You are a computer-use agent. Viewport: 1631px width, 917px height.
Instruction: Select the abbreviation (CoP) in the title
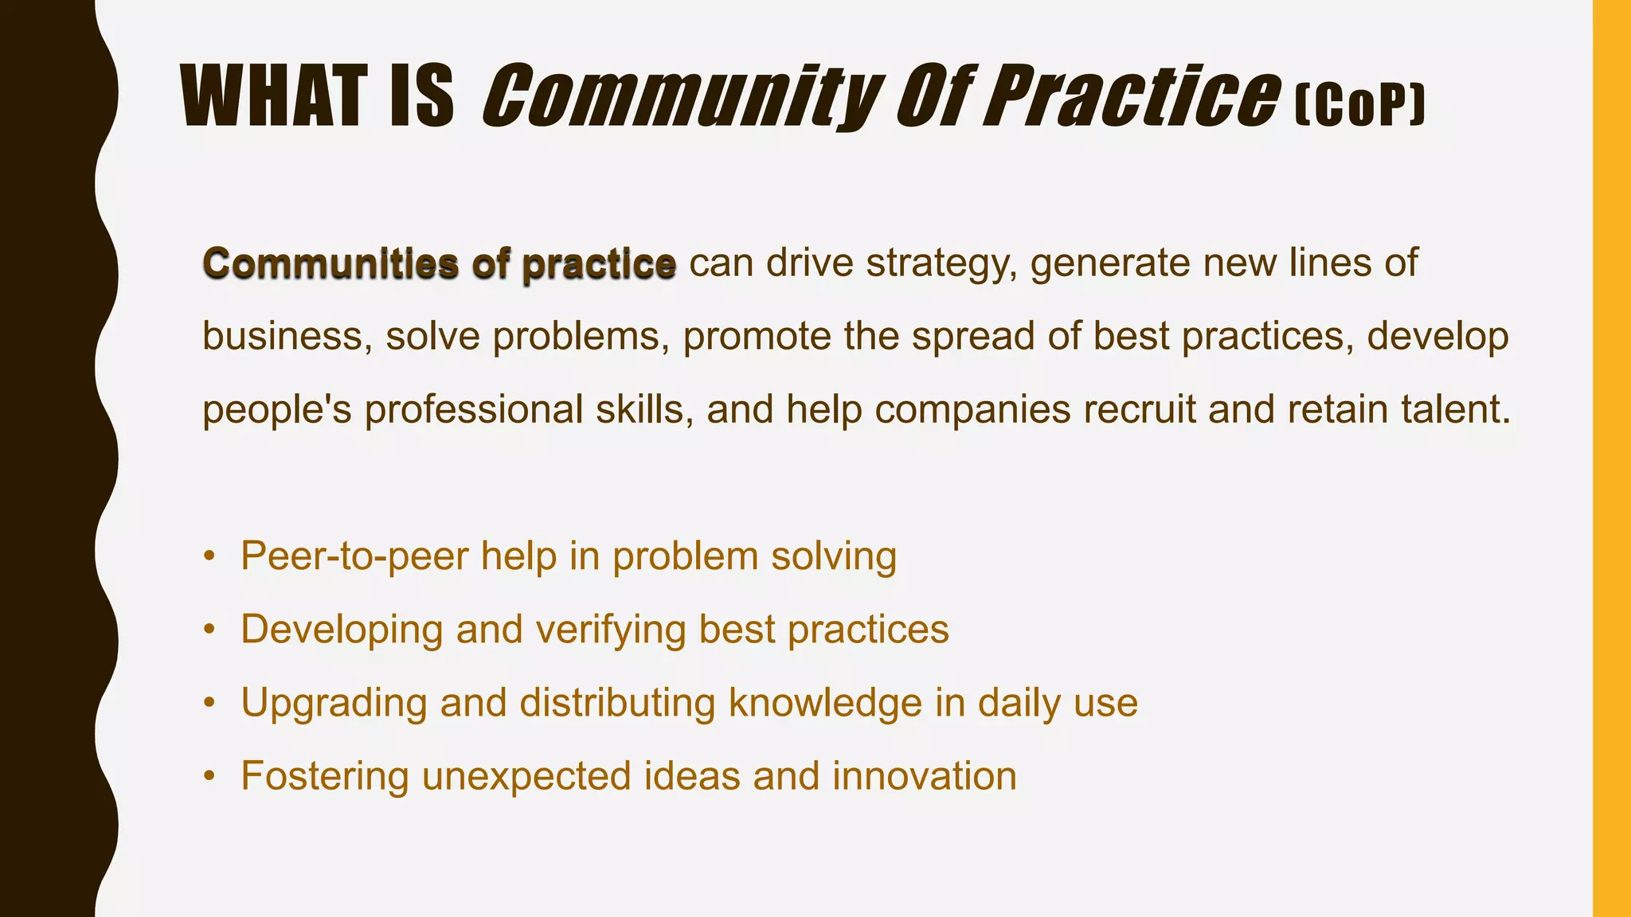coord(1359,107)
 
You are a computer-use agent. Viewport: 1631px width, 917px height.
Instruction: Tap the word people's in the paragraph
coord(276,410)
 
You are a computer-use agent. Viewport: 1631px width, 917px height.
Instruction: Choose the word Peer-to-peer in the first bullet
coord(354,556)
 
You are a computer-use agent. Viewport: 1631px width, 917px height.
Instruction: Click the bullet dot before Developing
coord(209,630)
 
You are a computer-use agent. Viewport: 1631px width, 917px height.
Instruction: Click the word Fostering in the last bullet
coord(325,776)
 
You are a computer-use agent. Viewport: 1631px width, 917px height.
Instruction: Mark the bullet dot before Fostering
coord(209,776)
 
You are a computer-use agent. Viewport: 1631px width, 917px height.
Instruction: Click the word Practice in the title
coord(1132,97)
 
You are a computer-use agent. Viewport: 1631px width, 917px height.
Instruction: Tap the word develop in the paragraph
coord(1438,338)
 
